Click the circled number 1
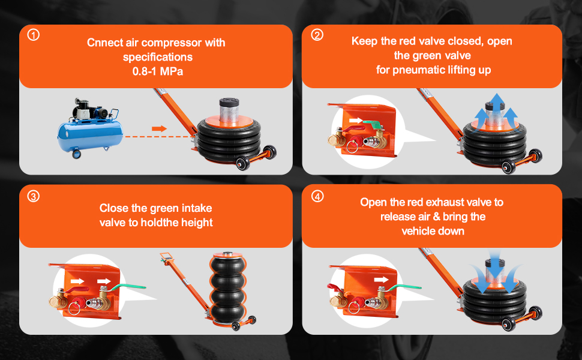click(34, 35)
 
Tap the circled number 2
click(317, 35)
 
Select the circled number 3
click(34, 196)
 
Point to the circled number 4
click(317, 196)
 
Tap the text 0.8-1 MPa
click(158, 71)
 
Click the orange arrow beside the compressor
click(159, 128)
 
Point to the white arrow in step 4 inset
click(381, 280)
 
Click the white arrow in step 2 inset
click(356, 121)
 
